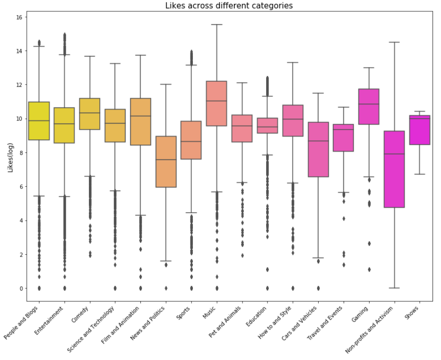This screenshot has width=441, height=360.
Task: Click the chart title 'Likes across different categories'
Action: click(x=229, y=6)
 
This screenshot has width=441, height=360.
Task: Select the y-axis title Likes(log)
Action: click(x=9, y=153)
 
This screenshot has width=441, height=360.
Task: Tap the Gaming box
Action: click(x=369, y=107)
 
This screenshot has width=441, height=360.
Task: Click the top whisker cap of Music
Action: click(x=216, y=25)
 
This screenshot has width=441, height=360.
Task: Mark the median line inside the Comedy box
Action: click(x=89, y=113)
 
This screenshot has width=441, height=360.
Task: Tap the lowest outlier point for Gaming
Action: click(x=369, y=269)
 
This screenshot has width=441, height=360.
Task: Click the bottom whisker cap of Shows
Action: click(x=420, y=174)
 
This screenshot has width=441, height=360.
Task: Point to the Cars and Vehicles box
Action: click(x=318, y=149)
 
